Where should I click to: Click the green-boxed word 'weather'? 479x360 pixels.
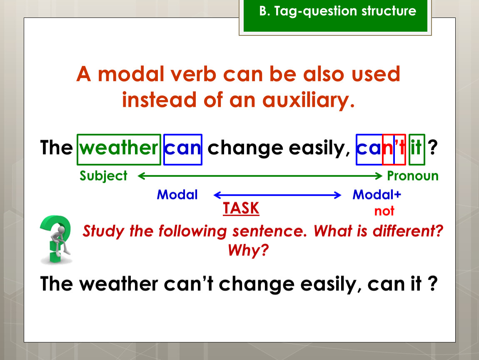click(x=119, y=150)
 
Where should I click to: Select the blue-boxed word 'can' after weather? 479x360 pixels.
click(x=183, y=150)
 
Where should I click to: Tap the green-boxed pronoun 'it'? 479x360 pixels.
click(x=417, y=150)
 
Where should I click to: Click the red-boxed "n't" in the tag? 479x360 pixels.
click(x=394, y=150)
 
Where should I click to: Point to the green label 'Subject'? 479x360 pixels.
click(x=103, y=176)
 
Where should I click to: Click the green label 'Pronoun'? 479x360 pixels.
click(x=413, y=176)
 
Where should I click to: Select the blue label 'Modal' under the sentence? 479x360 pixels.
click(x=177, y=195)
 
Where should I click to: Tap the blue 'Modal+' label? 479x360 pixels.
click(x=377, y=194)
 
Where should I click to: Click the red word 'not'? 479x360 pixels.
click(x=384, y=211)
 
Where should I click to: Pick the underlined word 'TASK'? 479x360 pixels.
click(x=241, y=208)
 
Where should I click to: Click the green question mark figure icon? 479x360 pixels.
click(x=56, y=239)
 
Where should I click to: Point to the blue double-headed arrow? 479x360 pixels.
click(x=277, y=195)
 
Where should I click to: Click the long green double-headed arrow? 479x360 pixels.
click(x=260, y=176)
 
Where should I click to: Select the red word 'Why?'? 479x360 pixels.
click(x=248, y=250)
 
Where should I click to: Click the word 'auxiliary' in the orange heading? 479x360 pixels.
click(x=309, y=100)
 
